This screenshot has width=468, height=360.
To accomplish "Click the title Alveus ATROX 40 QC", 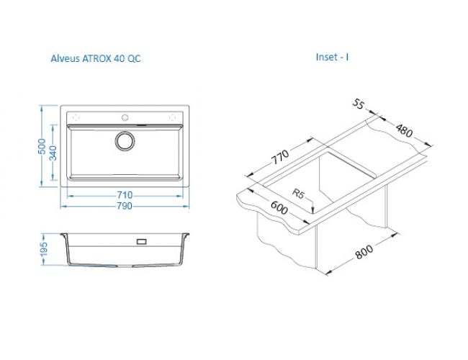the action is point(96,58).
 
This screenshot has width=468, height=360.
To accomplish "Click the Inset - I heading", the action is point(332,57).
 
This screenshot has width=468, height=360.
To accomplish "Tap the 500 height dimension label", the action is point(42,146).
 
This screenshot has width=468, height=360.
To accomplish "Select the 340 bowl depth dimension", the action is point(53,153).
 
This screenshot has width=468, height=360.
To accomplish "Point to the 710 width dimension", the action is point(125,195).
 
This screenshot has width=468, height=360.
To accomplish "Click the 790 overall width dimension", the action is point(125,206).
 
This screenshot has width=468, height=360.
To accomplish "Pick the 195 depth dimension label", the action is point(44,249).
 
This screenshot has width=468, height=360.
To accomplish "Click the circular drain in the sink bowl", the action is point(125,140).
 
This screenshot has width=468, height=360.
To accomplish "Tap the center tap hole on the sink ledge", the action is point(125,117).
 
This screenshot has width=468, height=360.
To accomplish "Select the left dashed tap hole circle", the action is point(76,117).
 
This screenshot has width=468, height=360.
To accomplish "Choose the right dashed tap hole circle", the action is point(173,117).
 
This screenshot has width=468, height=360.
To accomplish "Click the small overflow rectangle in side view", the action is point(141,241).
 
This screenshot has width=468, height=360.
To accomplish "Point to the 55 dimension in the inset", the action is point(359,104).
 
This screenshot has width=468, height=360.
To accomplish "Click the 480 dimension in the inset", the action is point(405,130).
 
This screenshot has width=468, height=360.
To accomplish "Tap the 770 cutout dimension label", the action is point(280,157).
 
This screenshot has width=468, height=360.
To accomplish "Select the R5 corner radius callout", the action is point(298,194).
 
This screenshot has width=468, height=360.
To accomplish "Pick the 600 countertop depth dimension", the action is point(279,207).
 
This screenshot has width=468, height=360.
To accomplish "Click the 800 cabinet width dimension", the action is point(364,252).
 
